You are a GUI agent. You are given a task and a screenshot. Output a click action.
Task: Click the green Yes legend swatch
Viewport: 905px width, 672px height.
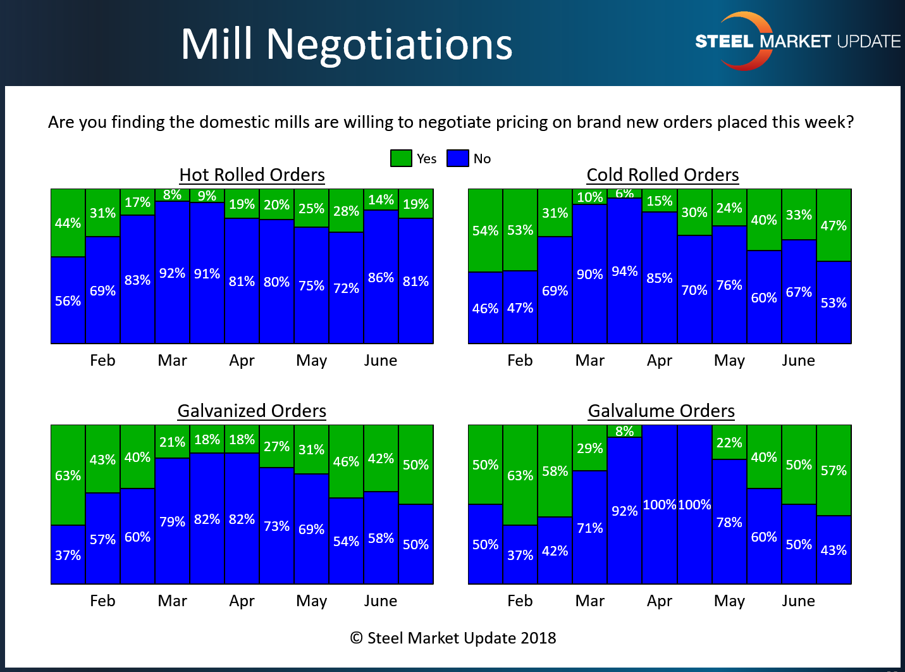tap(401, 158)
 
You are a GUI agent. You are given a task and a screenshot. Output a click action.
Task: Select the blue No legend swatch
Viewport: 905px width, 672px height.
tap(457, 158)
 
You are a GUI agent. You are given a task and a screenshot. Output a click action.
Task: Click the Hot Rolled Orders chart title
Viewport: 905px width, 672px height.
tap(252, 175)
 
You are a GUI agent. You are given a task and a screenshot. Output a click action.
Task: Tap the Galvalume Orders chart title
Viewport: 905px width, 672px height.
tap(661, 411)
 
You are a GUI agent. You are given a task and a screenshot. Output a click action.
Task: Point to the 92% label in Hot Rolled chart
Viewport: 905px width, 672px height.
tap(172, 273)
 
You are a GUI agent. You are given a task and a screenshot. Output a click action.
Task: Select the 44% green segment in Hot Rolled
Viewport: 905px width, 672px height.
tap(68, 223)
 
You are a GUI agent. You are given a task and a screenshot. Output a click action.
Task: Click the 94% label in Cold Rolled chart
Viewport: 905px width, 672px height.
tap(624, 271)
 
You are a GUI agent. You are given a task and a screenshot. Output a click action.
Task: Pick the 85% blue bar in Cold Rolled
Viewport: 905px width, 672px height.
tap(660, 278)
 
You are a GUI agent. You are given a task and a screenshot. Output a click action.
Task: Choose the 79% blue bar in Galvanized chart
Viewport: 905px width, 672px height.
tap(172, 521)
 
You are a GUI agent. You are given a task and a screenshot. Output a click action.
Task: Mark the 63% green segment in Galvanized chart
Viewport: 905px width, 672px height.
tap(68, 475)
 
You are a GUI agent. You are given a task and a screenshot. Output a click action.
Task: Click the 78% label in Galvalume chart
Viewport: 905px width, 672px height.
tap(729, 522)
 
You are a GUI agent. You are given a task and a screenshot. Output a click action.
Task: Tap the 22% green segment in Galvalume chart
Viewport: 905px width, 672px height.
tap(729, 442)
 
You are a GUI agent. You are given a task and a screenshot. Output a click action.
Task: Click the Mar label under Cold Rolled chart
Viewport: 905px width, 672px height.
tap(589, 360)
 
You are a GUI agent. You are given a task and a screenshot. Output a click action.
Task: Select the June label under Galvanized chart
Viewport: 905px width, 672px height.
tap(380, 600)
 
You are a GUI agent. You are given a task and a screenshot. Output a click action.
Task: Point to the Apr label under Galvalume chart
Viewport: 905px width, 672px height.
tap(659, 600)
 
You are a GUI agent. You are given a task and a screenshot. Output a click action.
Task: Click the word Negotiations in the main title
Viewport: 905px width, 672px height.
tap(389, 44)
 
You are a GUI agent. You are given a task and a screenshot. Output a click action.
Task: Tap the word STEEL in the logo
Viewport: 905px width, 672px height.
tap(724, 42)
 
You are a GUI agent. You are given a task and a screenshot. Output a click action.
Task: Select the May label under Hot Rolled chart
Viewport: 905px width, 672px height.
tap(311, 360)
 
